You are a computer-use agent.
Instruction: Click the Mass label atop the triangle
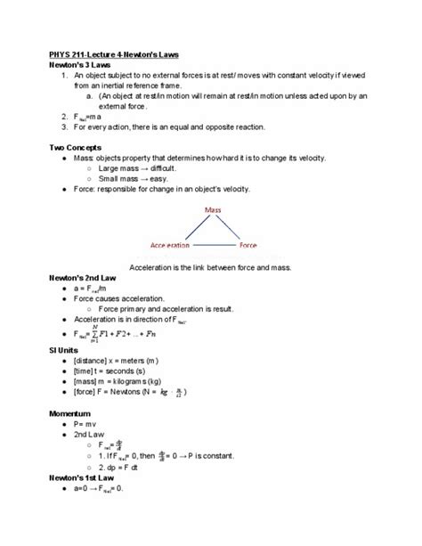213,209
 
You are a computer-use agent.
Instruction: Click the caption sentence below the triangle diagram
210,266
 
